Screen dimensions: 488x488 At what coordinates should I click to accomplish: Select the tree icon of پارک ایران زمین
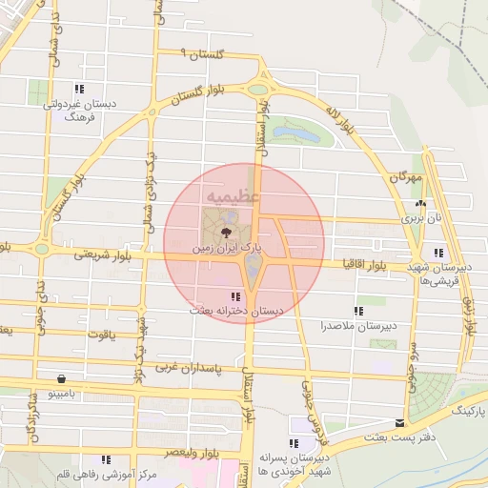(x=225, y=232)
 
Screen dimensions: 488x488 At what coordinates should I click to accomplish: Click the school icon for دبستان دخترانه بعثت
(x=235, y=297)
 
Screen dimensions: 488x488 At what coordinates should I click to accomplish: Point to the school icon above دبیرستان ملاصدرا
(x=358, y=311)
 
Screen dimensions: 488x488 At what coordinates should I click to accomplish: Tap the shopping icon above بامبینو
(x=62, y=377)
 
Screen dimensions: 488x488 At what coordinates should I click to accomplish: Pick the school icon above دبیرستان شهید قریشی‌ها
(x=438, y=253)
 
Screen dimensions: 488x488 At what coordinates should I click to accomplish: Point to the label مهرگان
(x=404, y=178)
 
